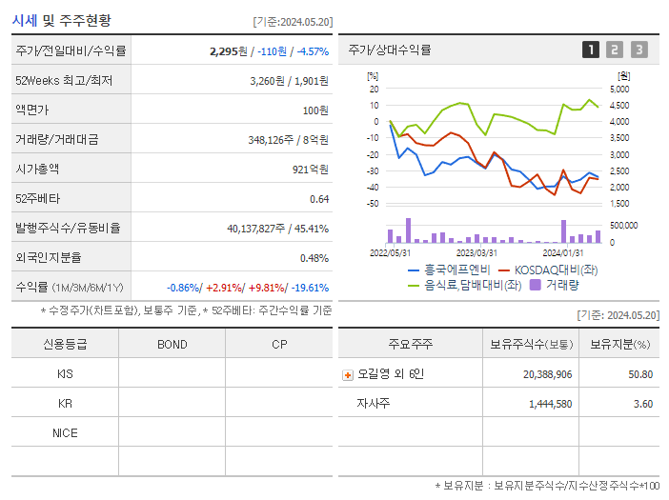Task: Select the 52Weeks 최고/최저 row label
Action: click(65, 81)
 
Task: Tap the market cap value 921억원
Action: click(312, 170)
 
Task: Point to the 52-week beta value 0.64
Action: click(319, 199)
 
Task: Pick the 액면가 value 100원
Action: click(314, 110)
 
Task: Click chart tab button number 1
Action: click(591, 50)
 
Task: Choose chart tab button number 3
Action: click(639, 50)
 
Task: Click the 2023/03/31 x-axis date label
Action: click(476, 253)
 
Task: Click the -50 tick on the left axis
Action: click(373, 204)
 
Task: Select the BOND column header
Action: click(172, 344)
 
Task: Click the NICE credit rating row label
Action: click(65, 432)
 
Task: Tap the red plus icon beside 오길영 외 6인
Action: click(347, 374)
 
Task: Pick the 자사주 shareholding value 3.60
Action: click(642, 404)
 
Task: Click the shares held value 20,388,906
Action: click(547, 374)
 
